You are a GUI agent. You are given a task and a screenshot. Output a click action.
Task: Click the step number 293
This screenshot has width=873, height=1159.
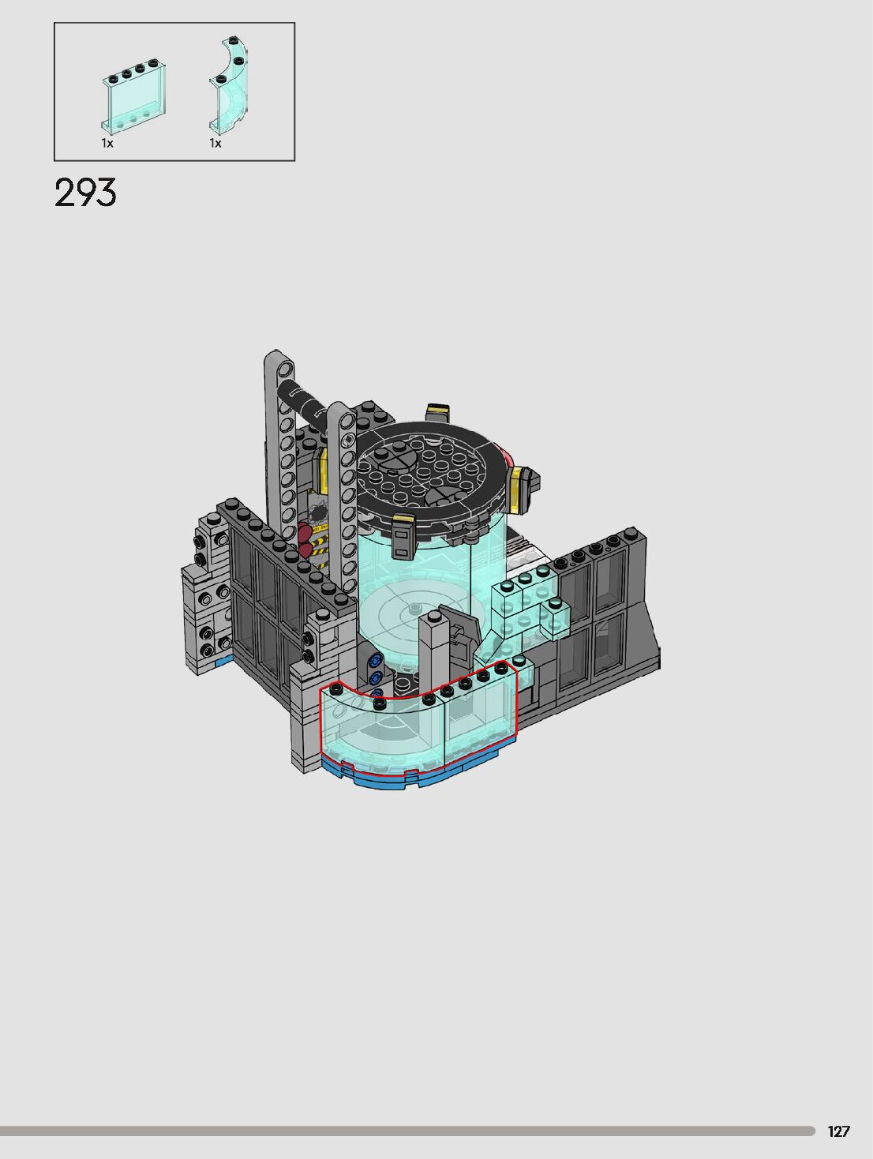(x=85, y=193)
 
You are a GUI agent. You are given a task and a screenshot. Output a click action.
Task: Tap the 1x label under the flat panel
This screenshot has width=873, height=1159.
(x=107, y=143)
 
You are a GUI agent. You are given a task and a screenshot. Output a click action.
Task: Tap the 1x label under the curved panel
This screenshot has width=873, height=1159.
(x=215, y=143)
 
